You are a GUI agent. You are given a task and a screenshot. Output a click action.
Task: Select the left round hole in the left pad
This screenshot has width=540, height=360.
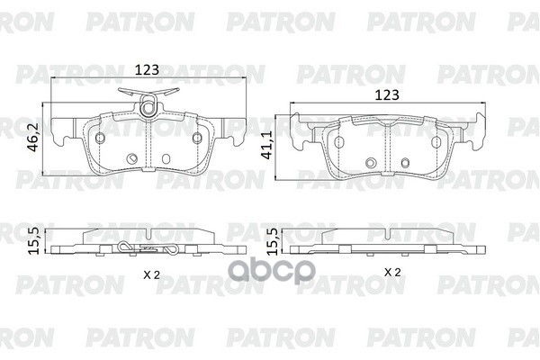[99, 137]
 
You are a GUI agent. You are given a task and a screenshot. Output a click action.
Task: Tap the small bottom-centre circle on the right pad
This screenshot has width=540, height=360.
[371, 162]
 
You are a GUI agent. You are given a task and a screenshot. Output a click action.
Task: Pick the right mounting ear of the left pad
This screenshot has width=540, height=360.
[232, 135]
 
